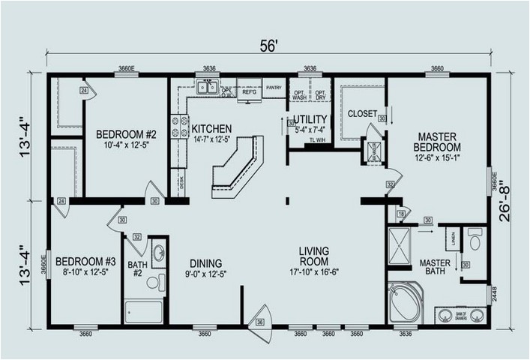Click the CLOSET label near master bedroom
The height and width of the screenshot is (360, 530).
click(x=361, y=113)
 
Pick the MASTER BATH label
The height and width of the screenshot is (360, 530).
click(x=434, y=268)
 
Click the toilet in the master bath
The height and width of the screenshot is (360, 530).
click(x=475, y=241)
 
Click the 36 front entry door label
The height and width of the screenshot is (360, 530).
click(x=259, y=322)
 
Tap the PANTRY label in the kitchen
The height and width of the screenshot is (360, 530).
click(x=274, y=85)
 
